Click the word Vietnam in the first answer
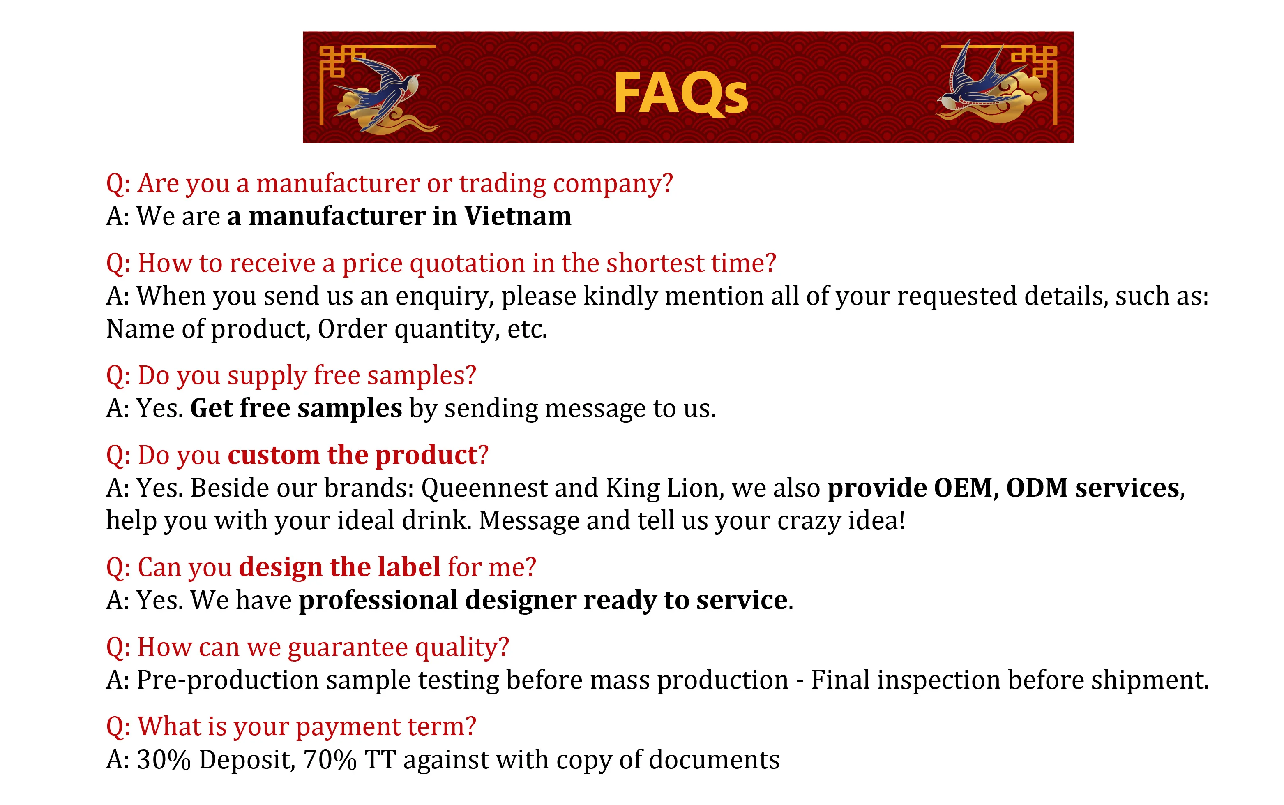(518, 216)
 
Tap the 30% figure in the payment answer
(164, 760)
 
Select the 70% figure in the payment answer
(330, 760)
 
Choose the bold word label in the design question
(409, 567)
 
